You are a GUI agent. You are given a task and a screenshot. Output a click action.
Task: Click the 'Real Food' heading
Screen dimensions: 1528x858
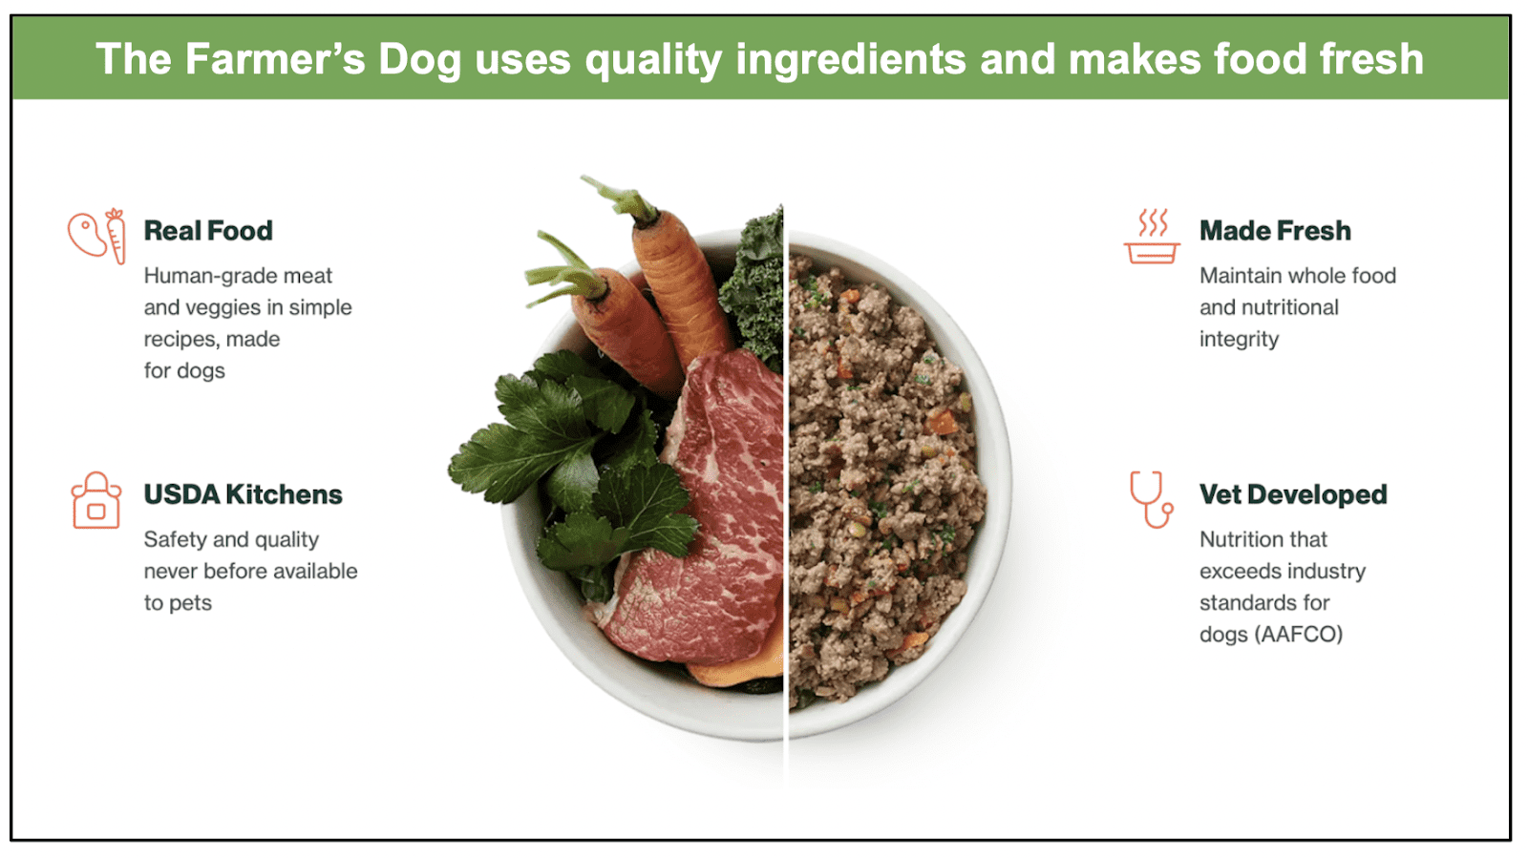point(208,231)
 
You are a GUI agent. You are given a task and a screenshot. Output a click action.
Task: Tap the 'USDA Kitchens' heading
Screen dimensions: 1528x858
point(243,494)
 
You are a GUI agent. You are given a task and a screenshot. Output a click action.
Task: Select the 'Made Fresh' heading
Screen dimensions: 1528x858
point(1275,231)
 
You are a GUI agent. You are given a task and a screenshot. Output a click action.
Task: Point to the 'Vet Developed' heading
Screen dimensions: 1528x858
point(1293,494)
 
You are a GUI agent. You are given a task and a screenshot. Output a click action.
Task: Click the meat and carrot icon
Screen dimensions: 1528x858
point(96,236)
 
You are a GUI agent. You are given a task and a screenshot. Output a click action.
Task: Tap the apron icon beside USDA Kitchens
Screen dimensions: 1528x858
point(96,500)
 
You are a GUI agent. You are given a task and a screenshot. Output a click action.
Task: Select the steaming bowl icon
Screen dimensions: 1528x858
point(1152,236)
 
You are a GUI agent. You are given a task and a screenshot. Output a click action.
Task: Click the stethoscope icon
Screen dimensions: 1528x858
point(1151,500)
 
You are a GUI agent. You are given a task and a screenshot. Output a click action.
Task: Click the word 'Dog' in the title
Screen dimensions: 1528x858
point(419,59)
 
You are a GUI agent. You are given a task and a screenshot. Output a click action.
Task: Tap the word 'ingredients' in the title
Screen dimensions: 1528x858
point(851,60)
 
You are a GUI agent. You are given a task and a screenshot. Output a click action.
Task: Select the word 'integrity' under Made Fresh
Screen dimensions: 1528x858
point(1240,340)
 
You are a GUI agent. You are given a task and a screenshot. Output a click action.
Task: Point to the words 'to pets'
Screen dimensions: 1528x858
point(178,603)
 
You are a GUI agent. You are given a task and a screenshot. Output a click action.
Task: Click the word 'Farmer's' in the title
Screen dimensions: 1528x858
point(276,59)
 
